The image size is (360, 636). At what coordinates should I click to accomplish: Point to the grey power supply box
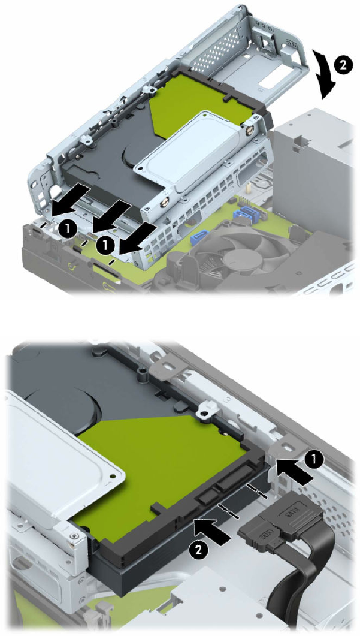(x=314, y=170)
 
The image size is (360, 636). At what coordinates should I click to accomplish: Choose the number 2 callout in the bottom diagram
(x=196, y=550)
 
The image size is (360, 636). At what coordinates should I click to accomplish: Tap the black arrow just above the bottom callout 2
(x=213, y=530)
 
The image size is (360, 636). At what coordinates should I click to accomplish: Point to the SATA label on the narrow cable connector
(x=263, y=533)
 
